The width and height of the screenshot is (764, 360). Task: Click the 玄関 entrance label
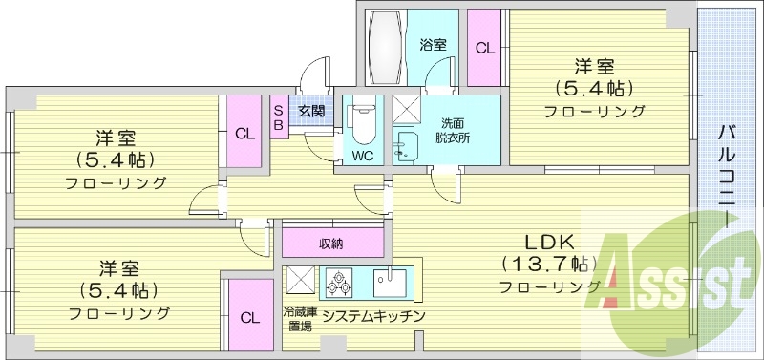310,111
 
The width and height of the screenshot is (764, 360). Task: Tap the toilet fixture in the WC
363,122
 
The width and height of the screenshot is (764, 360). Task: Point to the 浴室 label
433,44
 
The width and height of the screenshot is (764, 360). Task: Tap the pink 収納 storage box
331,243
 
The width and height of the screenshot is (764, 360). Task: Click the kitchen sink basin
391,282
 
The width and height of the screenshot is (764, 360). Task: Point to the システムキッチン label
373,316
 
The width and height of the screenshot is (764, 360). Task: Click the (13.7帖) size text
547,264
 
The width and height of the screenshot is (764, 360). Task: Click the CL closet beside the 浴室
485,48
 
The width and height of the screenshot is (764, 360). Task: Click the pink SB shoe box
278,117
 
